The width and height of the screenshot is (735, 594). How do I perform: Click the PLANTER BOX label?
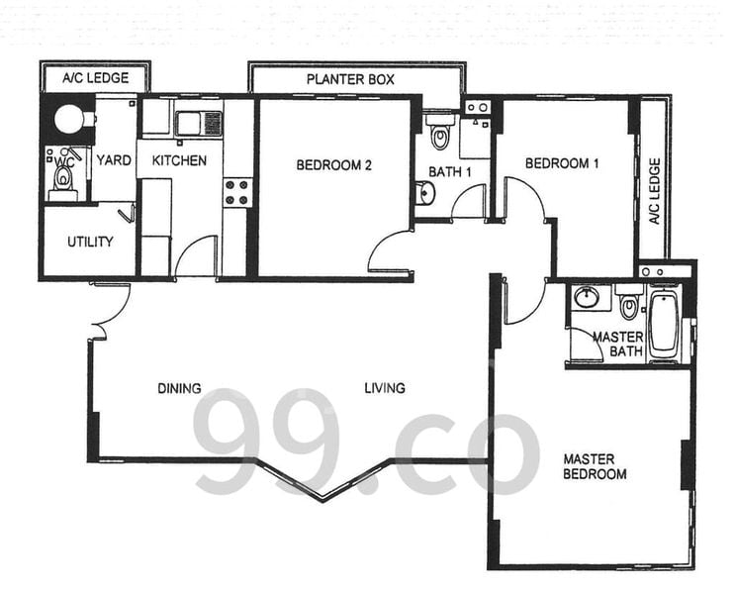350,79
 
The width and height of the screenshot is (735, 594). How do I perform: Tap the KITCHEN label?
179,161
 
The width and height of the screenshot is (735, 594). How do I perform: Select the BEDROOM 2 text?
333,165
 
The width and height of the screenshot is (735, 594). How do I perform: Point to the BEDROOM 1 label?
562,163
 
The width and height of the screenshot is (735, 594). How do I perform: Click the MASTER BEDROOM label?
595,466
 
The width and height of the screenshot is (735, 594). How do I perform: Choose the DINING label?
179,388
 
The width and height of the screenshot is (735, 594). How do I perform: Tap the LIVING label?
385,388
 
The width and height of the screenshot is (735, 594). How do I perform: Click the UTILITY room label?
90,243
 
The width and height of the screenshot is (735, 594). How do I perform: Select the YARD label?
114,160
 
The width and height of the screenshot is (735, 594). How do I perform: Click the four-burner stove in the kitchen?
236,192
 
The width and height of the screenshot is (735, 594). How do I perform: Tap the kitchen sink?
198,124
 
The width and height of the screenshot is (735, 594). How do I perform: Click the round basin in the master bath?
586,297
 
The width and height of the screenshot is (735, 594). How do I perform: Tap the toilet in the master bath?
628,303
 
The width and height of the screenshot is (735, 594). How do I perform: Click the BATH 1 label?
449,172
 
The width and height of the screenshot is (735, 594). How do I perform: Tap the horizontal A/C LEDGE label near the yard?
95,78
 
